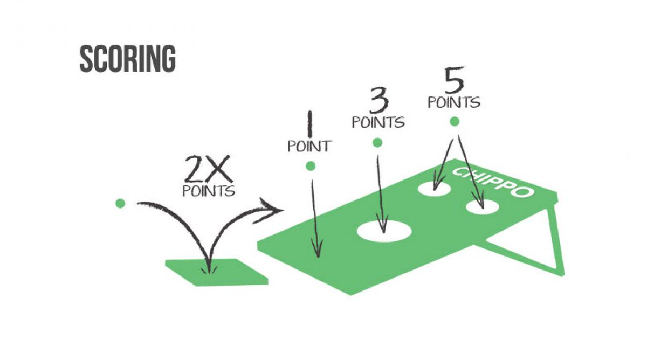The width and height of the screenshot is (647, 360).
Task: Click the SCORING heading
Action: click(127, 59)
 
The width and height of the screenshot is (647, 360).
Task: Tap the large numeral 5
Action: click(454, 81)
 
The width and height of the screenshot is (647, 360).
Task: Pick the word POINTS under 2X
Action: click(208, 191)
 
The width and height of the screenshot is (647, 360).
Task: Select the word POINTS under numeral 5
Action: click(454, 102)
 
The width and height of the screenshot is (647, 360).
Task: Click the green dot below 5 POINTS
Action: click(454, 122)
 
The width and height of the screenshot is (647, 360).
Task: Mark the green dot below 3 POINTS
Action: click(377, 143)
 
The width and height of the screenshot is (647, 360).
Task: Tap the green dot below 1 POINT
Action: click(310, 167)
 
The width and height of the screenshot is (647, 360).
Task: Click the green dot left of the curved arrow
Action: click(120, 203)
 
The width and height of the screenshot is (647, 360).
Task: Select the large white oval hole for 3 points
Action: click(384, 231)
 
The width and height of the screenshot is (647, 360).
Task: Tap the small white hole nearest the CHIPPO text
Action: click(436, 188)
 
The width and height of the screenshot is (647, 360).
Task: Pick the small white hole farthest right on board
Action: click(483, 207)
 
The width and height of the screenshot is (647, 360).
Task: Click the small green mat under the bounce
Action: click(216, 272)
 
